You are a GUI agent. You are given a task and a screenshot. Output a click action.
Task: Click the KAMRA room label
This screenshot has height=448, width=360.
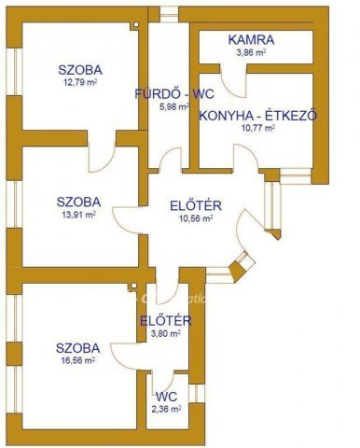point(252,40)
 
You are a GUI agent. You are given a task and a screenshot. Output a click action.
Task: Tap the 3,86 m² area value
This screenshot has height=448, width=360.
point(252,53)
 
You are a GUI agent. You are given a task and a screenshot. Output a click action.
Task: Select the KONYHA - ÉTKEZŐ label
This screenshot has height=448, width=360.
point(258,116)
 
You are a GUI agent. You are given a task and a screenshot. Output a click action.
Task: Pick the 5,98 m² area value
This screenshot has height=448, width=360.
point(174,106)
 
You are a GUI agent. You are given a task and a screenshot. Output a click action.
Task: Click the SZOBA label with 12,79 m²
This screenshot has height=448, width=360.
point(79,69)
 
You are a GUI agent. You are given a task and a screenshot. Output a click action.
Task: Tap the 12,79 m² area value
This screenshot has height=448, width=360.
point(79,82)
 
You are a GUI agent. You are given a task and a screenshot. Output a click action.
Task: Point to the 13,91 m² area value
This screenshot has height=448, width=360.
point(79,213)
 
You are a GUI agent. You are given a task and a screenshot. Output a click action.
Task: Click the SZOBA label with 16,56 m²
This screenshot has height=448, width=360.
point(79,345)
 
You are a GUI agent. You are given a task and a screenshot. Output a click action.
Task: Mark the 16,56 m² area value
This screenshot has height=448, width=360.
point(79,358)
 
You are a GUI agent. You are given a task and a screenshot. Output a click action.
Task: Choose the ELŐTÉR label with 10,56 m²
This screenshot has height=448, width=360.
point(195,205)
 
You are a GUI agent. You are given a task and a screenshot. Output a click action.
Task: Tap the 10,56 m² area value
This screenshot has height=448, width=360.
point(195,218)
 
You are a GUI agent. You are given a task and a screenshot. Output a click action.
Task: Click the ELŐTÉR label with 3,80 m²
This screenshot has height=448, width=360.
point(166,322)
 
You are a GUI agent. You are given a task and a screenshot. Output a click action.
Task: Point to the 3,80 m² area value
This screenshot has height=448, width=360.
point(166,335)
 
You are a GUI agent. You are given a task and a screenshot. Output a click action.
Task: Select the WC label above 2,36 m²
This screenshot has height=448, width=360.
point(167,395)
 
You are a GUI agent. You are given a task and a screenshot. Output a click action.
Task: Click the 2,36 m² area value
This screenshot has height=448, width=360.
point(167,408)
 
